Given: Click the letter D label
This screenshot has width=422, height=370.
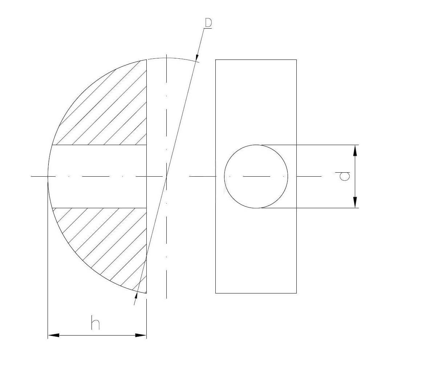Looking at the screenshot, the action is click(208, 23).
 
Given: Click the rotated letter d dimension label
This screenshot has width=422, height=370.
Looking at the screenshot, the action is click(345, 176).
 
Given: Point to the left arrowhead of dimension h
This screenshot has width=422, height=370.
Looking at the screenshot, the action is click(53, 335).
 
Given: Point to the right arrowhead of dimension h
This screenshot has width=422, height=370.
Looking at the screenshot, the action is click(141, 335).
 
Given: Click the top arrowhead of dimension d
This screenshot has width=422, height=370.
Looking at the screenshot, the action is click(355, 151).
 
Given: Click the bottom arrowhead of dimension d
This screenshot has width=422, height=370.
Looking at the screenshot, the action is click(355, 202).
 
